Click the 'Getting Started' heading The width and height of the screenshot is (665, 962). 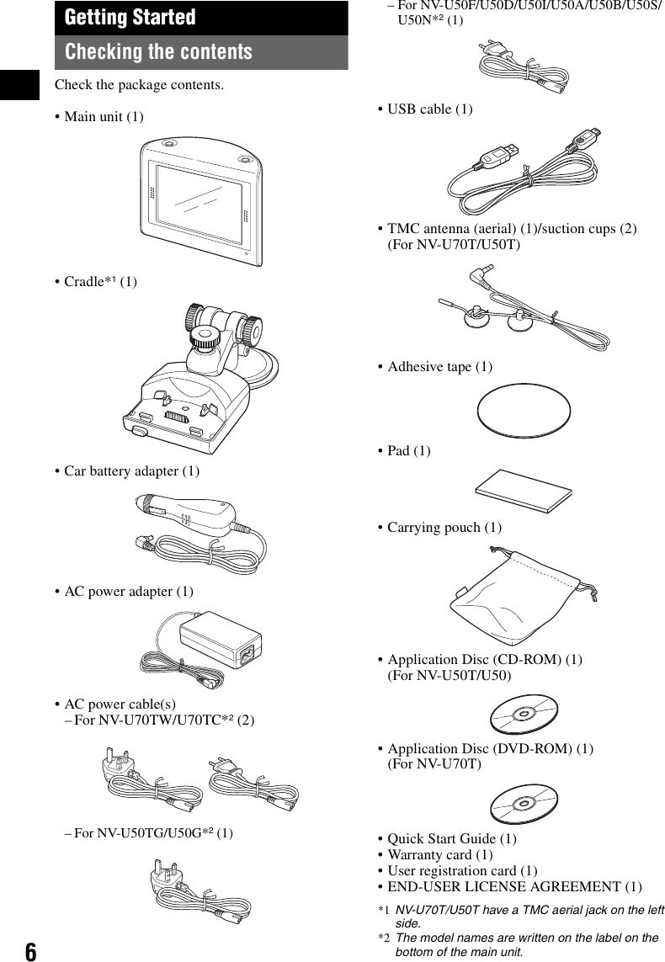click(x=130, y=18)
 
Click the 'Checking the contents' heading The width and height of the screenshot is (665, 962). click(x=158, y=52)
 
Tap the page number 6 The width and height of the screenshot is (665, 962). click(x=30, y=951)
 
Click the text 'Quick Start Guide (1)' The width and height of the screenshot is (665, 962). click(x=451, y=839)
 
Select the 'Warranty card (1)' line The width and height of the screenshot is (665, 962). click(x=440, y=855)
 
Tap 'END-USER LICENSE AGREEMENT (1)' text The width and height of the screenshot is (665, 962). click(x=513, y=887)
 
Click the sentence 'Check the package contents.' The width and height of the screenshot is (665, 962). click(x=139, y=85)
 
